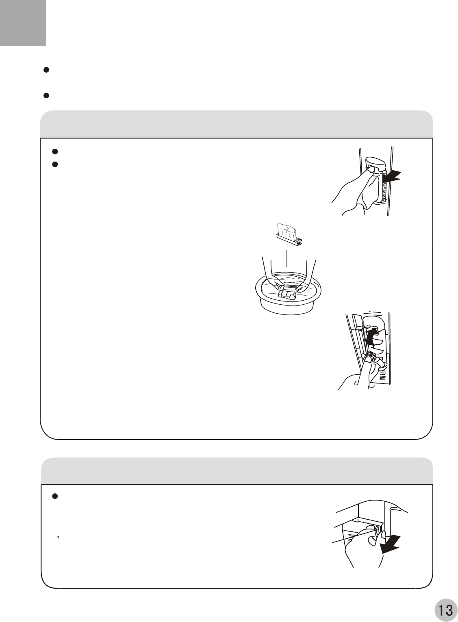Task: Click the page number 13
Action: click(445, 609)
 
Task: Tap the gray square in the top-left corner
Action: click(23, 23)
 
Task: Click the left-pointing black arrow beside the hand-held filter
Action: click(392, 176)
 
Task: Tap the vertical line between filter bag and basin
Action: click(287, 258)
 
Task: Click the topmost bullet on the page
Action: click(46, 70)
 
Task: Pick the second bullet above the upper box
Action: click(46, 95)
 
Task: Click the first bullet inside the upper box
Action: click(55, 151)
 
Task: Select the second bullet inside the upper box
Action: click(55, 165)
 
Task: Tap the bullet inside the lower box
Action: click(55, 496)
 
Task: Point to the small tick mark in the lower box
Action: click(58, 536)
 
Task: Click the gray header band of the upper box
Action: click(237, 124)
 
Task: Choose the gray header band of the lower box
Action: click(237, 471)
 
